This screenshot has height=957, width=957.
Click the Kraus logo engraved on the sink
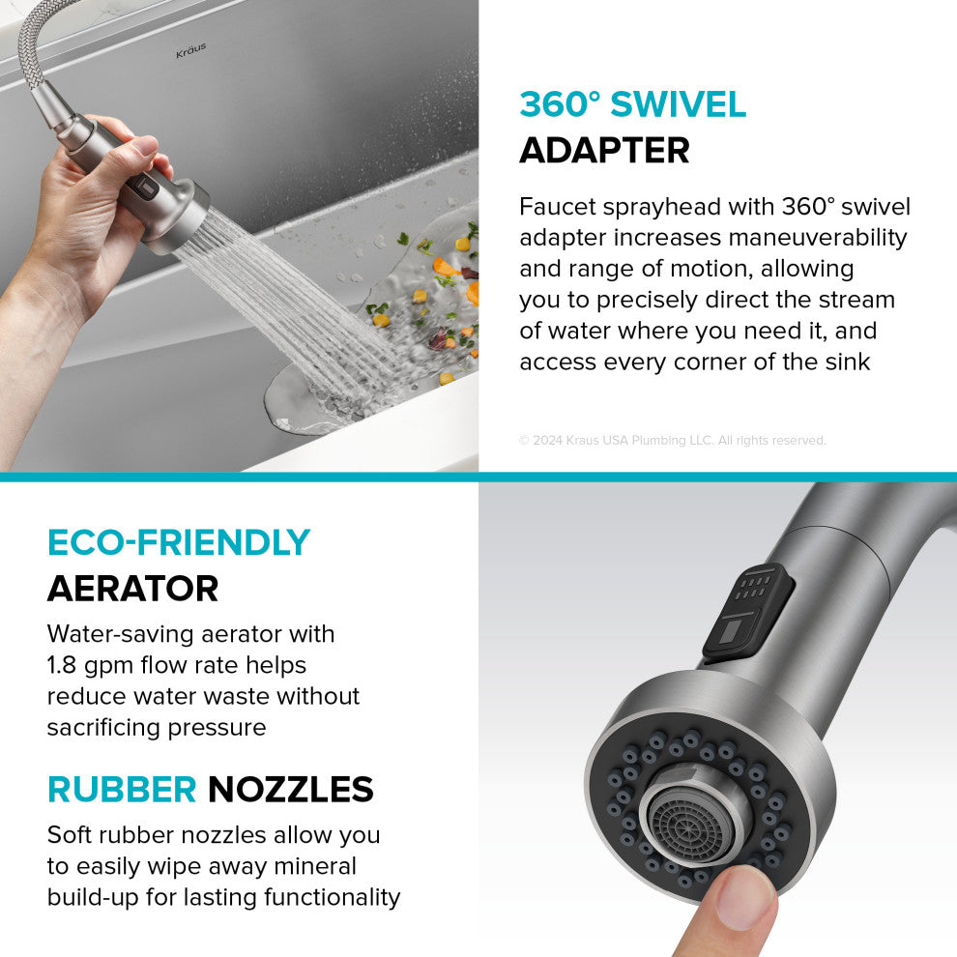tap(191, 50)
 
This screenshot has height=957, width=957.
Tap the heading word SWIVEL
tap(678, 103)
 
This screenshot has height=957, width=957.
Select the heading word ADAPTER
tap(604, 150)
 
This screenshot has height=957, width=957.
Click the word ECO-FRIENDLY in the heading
tap(179, 542)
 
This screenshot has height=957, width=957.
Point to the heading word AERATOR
tap(133, 589)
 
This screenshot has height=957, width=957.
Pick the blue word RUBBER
tap(122, 789)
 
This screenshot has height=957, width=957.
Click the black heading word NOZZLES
tap(291, 789)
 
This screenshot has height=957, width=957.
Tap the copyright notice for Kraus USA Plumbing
tap(673, 440)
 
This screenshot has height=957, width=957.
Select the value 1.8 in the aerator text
tap(61, 665)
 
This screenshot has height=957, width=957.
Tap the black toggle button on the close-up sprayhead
tap(747, 612)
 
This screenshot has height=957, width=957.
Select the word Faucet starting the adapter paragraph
tap(557, 206)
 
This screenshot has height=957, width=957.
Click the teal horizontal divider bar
tap(478, 477)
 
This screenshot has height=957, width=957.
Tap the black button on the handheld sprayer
tap(143, 189)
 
